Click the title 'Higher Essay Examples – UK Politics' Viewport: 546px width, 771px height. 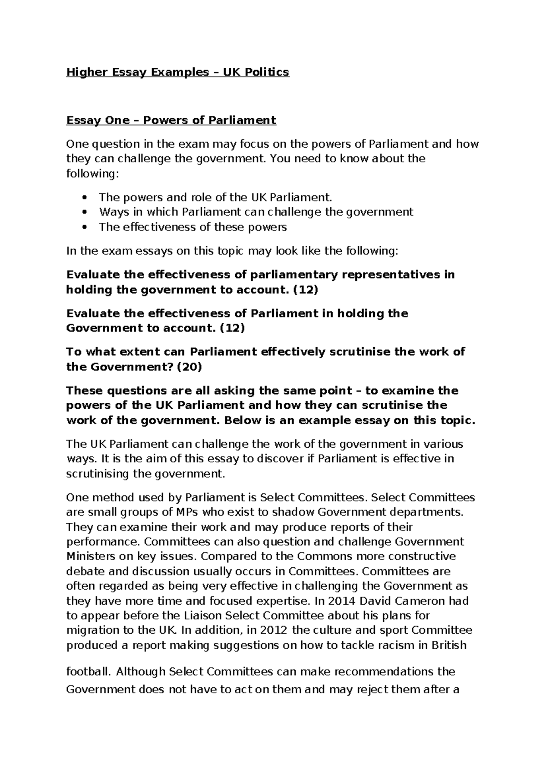coord(177,72)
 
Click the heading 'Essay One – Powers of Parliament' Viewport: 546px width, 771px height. coord(171,120)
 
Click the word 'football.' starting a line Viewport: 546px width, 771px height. coord(89,671)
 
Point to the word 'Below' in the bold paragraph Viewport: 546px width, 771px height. coord(242,421)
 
